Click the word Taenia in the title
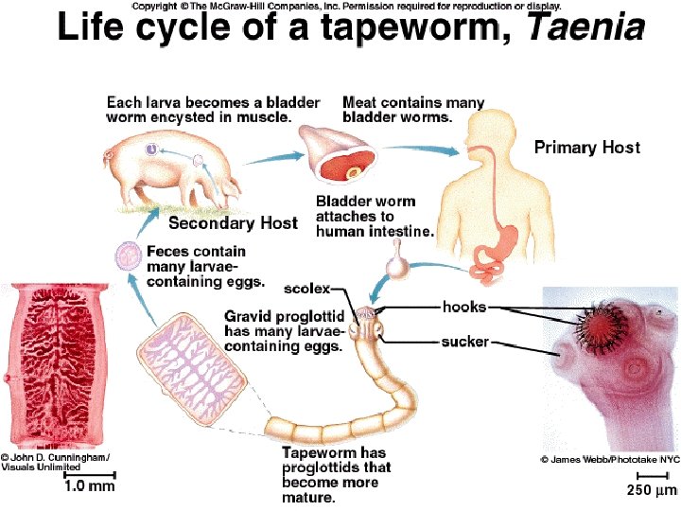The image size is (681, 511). pos(585,28)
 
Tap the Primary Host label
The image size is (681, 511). pos(586,148)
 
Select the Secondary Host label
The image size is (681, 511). pos(232,224)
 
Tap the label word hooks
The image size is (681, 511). pos(463,307)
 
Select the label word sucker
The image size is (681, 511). pos(464,341)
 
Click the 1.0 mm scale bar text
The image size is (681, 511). pos(89,486)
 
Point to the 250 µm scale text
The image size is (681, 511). pos(653,490)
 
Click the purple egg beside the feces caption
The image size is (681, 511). pos(127,255)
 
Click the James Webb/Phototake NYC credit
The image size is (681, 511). pos(609,459)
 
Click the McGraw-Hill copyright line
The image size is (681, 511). pos(345,6)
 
